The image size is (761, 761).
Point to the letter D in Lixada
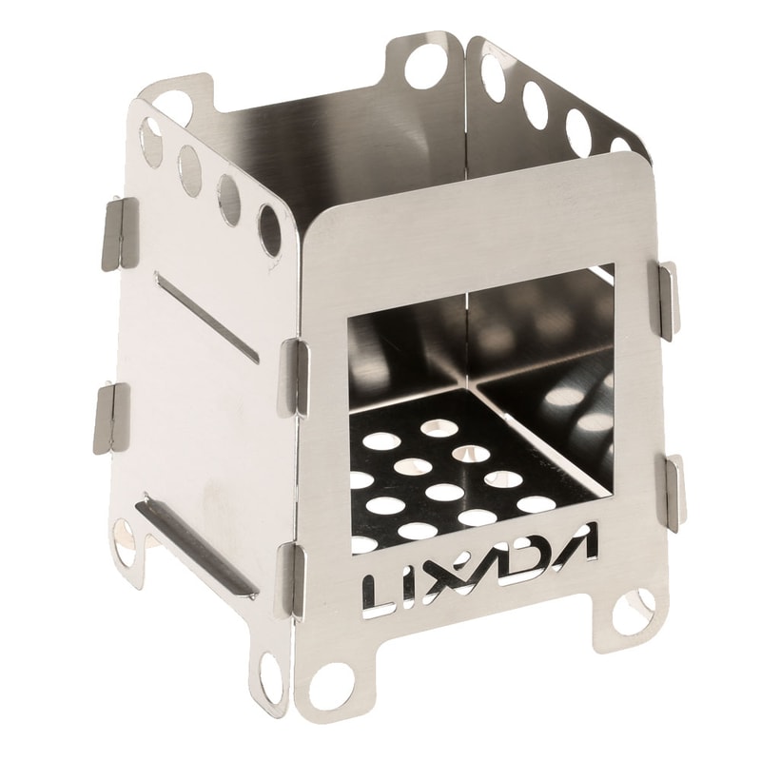click(x=535, y=554)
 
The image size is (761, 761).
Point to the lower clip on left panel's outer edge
click(x=110, y=419)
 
